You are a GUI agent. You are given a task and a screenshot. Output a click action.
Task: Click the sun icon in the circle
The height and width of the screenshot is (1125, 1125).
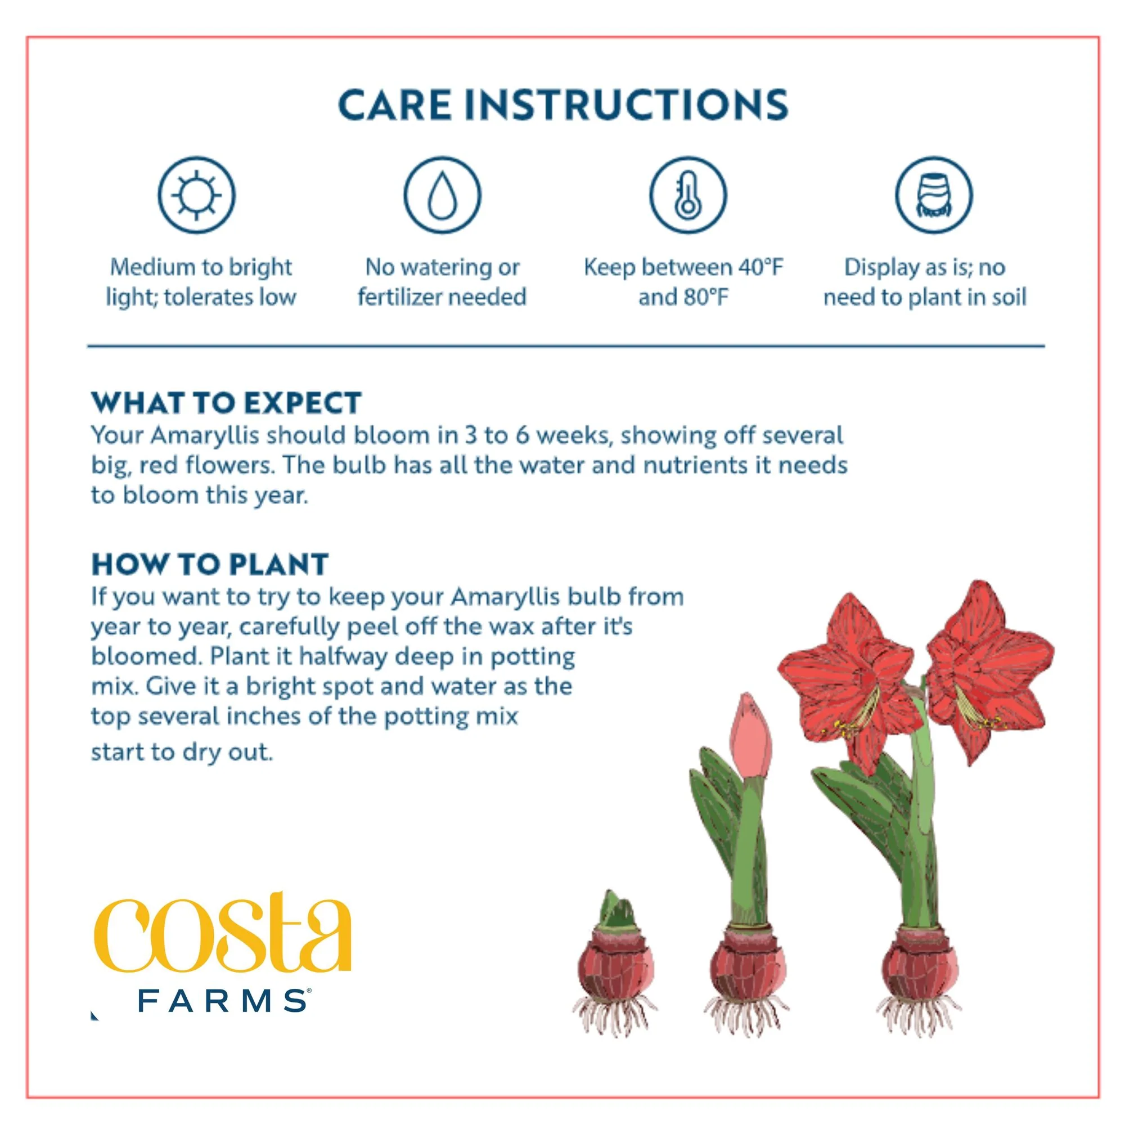(x=196, y=195)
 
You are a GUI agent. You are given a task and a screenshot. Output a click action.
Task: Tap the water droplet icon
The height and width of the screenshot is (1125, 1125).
(x=443, y=195)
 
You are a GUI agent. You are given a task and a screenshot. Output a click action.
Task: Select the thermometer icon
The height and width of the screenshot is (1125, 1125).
(x=688, y=195)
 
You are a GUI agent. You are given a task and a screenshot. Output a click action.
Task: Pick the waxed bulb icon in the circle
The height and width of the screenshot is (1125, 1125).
(x=934, y=195)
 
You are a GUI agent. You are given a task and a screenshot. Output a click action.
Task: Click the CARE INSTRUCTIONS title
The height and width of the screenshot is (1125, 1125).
(x=563, y=105)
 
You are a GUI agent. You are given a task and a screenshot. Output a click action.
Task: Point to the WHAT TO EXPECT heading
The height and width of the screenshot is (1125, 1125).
(x=227, y=403)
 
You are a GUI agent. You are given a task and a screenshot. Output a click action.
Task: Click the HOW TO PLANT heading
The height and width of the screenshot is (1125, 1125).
(x=210, y=564)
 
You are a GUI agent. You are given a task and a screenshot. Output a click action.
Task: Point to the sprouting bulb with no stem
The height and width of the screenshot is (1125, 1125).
(x=615, y=971)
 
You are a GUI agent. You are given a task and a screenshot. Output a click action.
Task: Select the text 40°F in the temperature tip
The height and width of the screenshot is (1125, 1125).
(x=761, y=267)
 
